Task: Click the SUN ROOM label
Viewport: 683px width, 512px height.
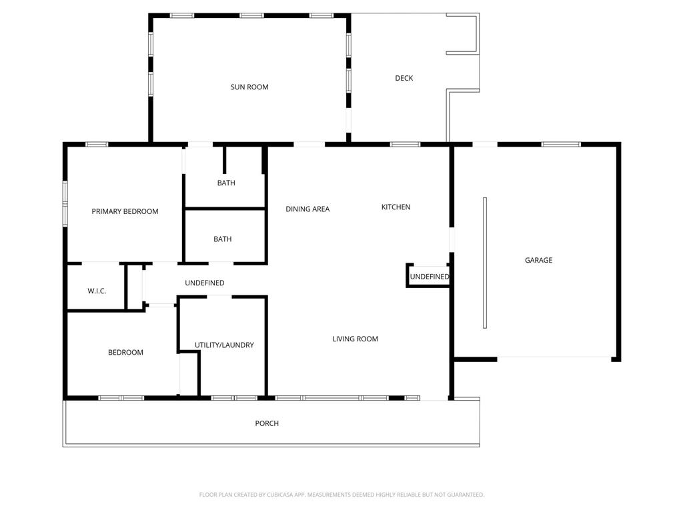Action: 249,87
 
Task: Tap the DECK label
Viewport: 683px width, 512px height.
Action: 404,79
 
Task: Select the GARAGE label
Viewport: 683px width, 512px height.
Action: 538,261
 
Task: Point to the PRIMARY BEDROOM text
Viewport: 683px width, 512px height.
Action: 125,211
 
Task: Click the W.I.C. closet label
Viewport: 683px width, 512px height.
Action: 97,291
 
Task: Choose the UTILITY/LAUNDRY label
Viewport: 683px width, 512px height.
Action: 224,345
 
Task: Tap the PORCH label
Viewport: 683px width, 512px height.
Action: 267,423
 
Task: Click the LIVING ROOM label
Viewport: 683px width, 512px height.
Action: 355,339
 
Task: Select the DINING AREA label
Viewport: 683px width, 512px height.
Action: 307,209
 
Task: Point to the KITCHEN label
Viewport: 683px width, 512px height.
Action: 396,207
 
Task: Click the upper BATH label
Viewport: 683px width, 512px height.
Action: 226,183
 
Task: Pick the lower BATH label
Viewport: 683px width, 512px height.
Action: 223,239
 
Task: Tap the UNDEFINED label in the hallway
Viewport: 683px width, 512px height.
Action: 205,283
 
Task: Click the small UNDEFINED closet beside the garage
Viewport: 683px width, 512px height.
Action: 430,277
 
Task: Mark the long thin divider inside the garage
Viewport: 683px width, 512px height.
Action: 485,263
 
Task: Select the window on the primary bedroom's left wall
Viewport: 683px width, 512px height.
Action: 65,204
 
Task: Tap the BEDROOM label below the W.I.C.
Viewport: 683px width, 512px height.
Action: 125,353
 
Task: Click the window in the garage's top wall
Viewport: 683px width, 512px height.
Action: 561,144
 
